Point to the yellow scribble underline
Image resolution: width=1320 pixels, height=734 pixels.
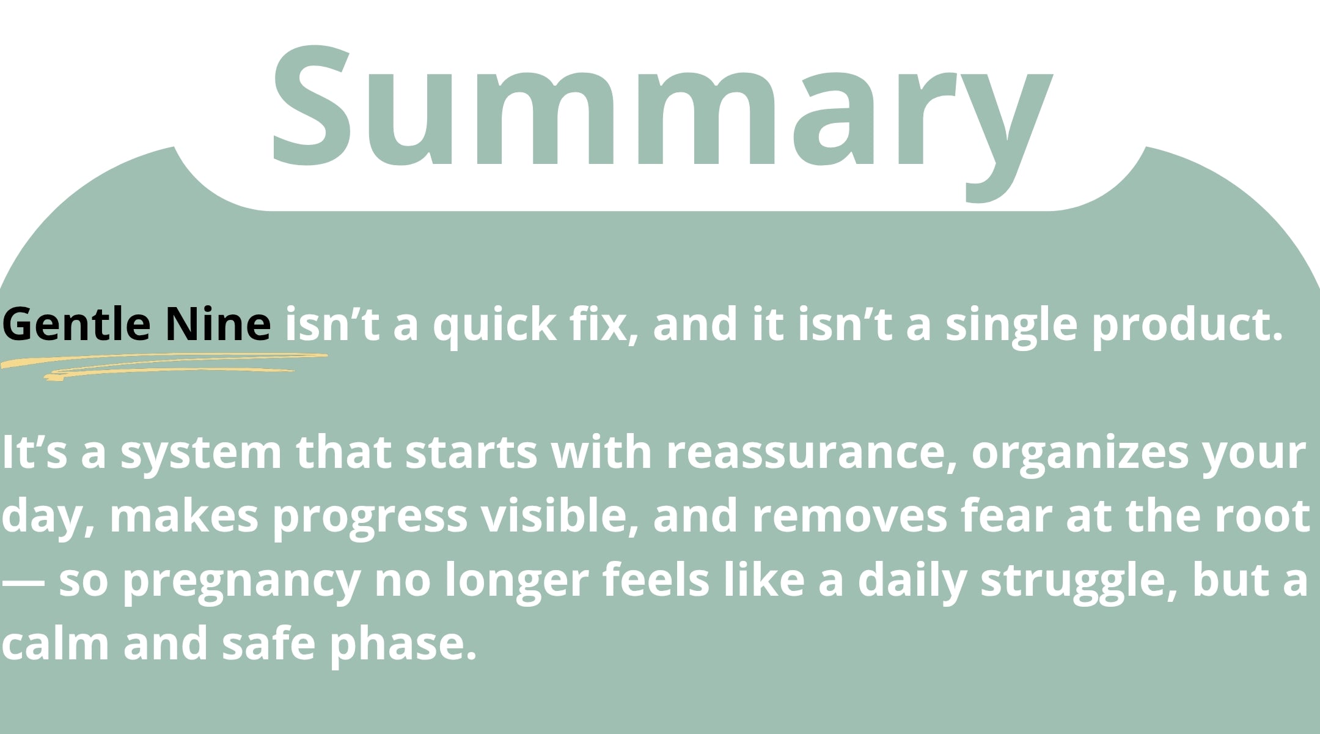(x=164, y=366)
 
